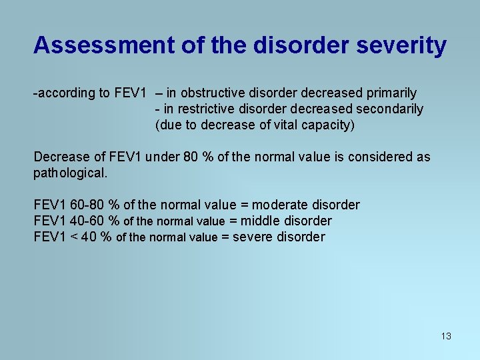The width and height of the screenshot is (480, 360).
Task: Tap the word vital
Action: tap(291, 124)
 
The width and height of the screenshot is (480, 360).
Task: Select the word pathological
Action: tap(70, 173)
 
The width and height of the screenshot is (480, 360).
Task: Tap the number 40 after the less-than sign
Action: tap(90, 237)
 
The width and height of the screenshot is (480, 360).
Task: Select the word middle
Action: tap(259, 221)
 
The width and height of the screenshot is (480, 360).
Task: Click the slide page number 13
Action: tap(446, 336)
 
